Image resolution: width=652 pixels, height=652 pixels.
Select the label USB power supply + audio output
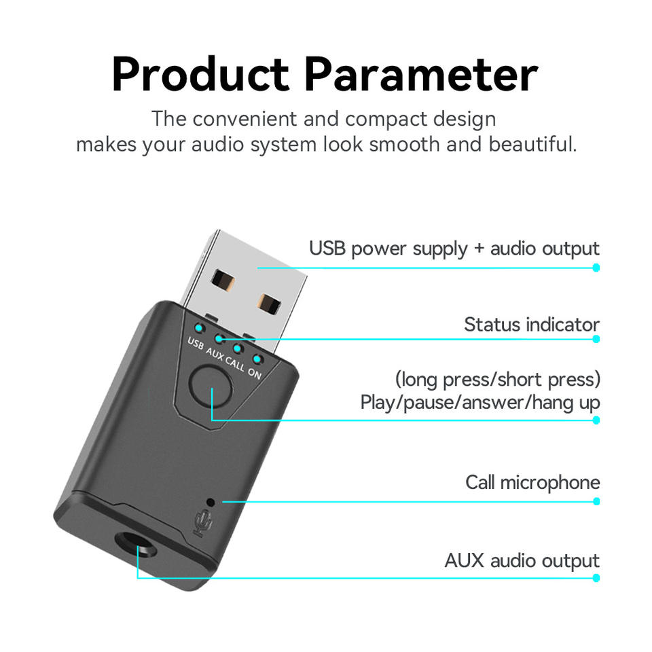454,249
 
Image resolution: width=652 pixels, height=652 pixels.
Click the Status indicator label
532,325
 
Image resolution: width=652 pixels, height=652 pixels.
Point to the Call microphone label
532,483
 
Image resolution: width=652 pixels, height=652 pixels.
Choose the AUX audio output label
522,561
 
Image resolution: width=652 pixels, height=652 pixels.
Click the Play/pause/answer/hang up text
480,403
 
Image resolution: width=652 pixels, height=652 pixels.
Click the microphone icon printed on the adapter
202,522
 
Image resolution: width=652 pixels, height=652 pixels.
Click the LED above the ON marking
257,359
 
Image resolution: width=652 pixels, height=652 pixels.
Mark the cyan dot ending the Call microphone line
596,502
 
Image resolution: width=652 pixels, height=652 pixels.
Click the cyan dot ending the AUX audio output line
596,578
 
